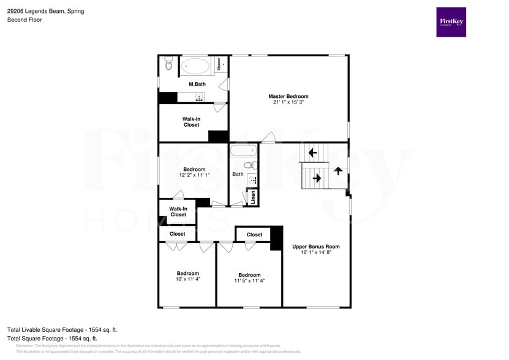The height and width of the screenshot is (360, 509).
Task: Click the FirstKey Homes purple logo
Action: pos(451,22)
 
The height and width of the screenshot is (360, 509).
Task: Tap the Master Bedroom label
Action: pos(288,96)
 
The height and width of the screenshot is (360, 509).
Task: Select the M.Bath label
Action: pos(196,84)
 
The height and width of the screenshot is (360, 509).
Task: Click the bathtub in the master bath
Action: pos(195,65)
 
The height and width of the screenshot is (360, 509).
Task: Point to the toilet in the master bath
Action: pos(169,64)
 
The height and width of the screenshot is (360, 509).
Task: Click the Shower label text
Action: pos(219,64)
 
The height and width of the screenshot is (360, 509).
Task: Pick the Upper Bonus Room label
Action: pos(315,247)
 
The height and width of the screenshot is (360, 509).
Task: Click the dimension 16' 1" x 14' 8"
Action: pos(315,252)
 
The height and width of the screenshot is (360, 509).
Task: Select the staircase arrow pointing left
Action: pos(312,152)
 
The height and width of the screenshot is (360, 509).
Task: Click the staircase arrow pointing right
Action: pos(317,178)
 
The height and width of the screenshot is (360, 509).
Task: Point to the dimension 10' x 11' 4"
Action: pos(188,279)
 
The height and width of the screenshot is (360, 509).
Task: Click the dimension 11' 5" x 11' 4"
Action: pos(249,281)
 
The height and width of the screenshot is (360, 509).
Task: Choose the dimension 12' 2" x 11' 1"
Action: pos(194,175)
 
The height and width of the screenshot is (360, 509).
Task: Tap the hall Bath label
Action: pos(238,174)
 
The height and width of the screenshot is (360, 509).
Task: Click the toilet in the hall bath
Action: pos(249,165)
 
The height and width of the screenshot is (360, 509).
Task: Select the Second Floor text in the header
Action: pos(23,20)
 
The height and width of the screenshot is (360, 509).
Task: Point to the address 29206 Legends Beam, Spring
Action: pos(46,11)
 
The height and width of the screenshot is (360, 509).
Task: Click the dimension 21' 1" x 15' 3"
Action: pos(288,102)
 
